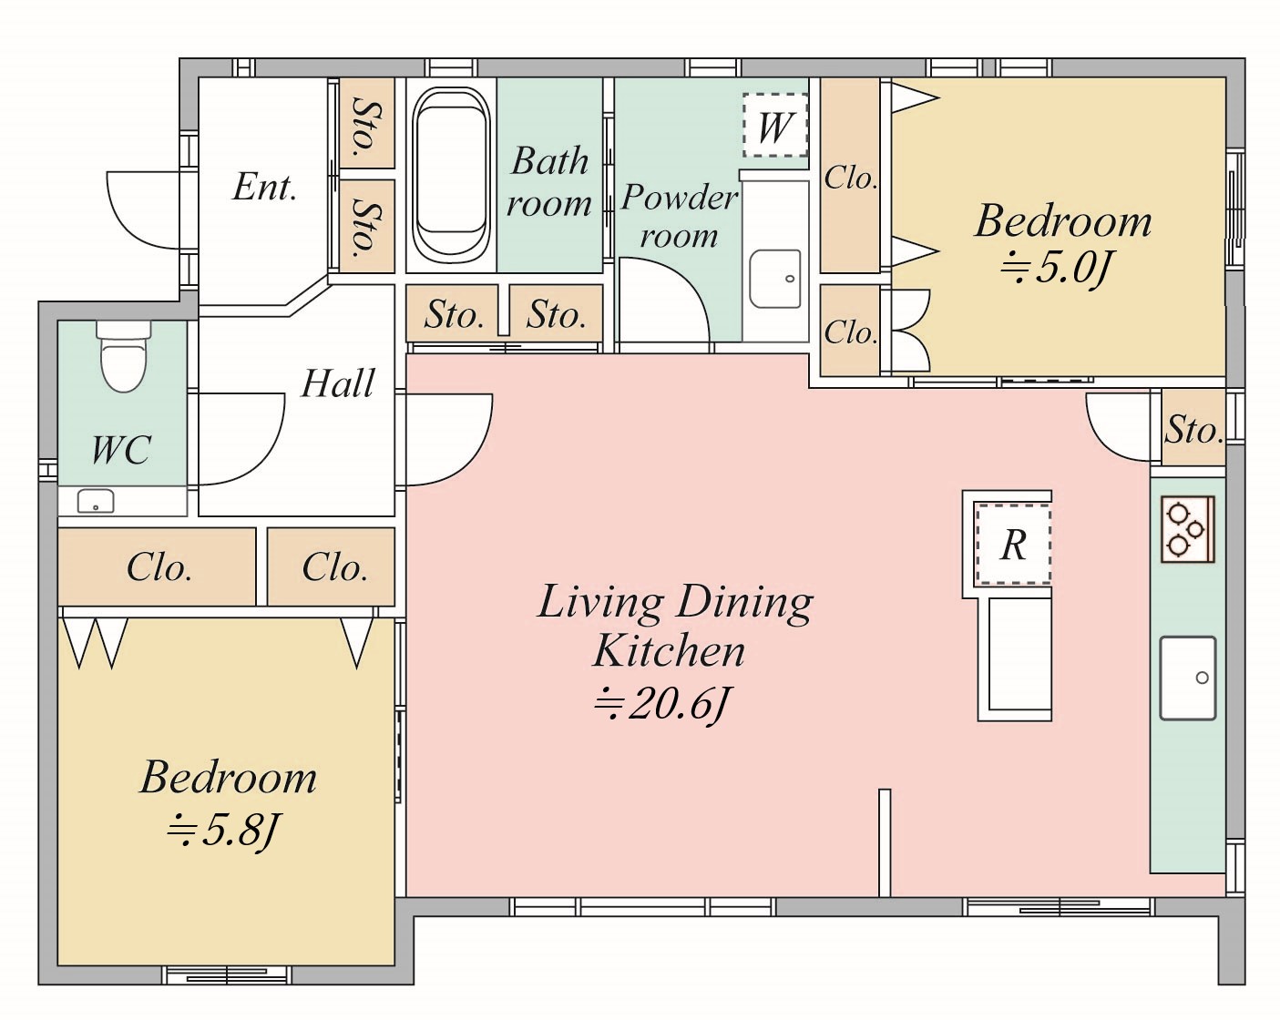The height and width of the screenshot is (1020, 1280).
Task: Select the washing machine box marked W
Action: point(775,126)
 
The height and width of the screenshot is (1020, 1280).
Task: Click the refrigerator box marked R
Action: point(1014,544)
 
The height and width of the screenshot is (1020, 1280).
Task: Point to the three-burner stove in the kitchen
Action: point(1188,529)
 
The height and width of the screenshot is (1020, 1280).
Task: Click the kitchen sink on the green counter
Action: point(1188,678)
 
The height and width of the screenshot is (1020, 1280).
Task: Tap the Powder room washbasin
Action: point(775,279)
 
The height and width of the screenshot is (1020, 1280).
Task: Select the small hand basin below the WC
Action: point(95,501)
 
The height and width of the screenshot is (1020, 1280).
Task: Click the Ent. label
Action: point(264,188)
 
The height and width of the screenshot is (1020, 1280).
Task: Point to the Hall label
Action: point(338,383)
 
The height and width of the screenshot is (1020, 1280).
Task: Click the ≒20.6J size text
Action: point(660,705)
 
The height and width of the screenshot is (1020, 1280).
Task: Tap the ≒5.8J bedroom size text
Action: point(223,831)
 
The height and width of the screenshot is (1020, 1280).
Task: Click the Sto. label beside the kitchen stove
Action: point(1193,430)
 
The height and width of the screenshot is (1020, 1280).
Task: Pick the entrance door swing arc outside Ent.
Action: point(143,209)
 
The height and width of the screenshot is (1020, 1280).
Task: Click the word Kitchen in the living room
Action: point(669,651)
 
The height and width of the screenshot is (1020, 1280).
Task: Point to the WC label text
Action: point(121,450)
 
